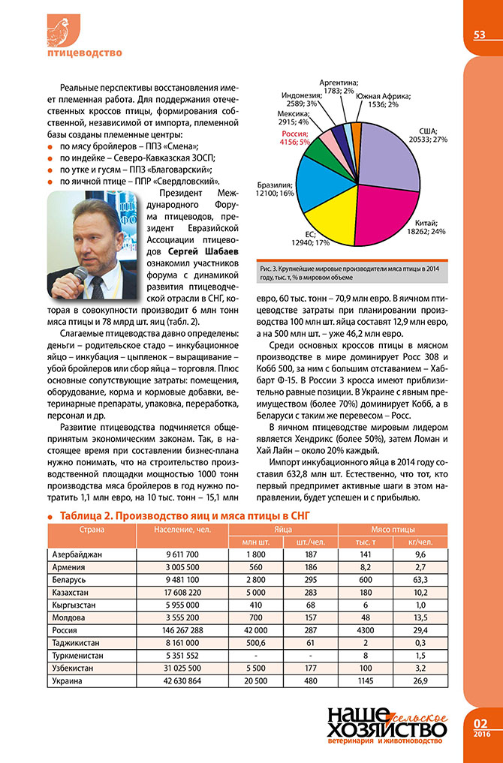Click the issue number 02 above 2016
[480, 724]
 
